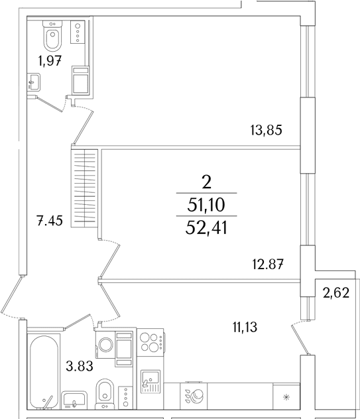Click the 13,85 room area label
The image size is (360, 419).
pyautogui.click(x=267, y=131)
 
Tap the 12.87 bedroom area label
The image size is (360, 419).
pyautogui.click(x=268, y=265)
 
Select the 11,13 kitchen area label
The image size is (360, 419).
pyautogui.click(x=245, y=327)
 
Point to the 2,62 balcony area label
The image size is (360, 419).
pyautogui.click(x=336, y=293)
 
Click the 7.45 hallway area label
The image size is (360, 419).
pyautogui.click(x=50, y=221)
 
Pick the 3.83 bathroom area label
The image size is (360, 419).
pyautogui.click(x=80, y=366)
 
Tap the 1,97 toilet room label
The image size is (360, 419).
pyautogui.click(x=50, y=60)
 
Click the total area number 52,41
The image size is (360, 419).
pyautogui.click(x=206, y=228)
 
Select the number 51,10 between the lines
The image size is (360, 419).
pyautogui.click(x=206, y=206)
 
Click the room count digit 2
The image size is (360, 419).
pyautogui.click(x=207, y=183)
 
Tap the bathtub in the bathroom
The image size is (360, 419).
pyautogui.click(x=44, y=371)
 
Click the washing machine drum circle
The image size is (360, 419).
pyautogui.click(x=106, y=345)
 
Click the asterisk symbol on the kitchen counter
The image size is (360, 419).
pyautogui.click(x=286, y=398)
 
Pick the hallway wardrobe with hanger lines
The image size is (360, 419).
pyautogui.click(x=84, y=188)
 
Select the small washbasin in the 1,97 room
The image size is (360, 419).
pyautogui.click(x=34, y=82)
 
